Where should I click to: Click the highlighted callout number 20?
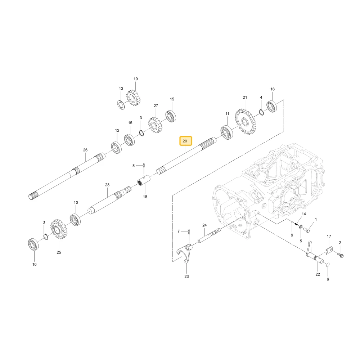tap(185, 141)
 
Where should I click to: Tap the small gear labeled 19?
tap(133, 98)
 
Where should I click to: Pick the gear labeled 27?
tap(155, 125)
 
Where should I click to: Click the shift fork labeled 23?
tap(185, 253)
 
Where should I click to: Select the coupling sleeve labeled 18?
tap(144, 181)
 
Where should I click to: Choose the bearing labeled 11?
tap(227, 133)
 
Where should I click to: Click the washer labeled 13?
tap(121, 105)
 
